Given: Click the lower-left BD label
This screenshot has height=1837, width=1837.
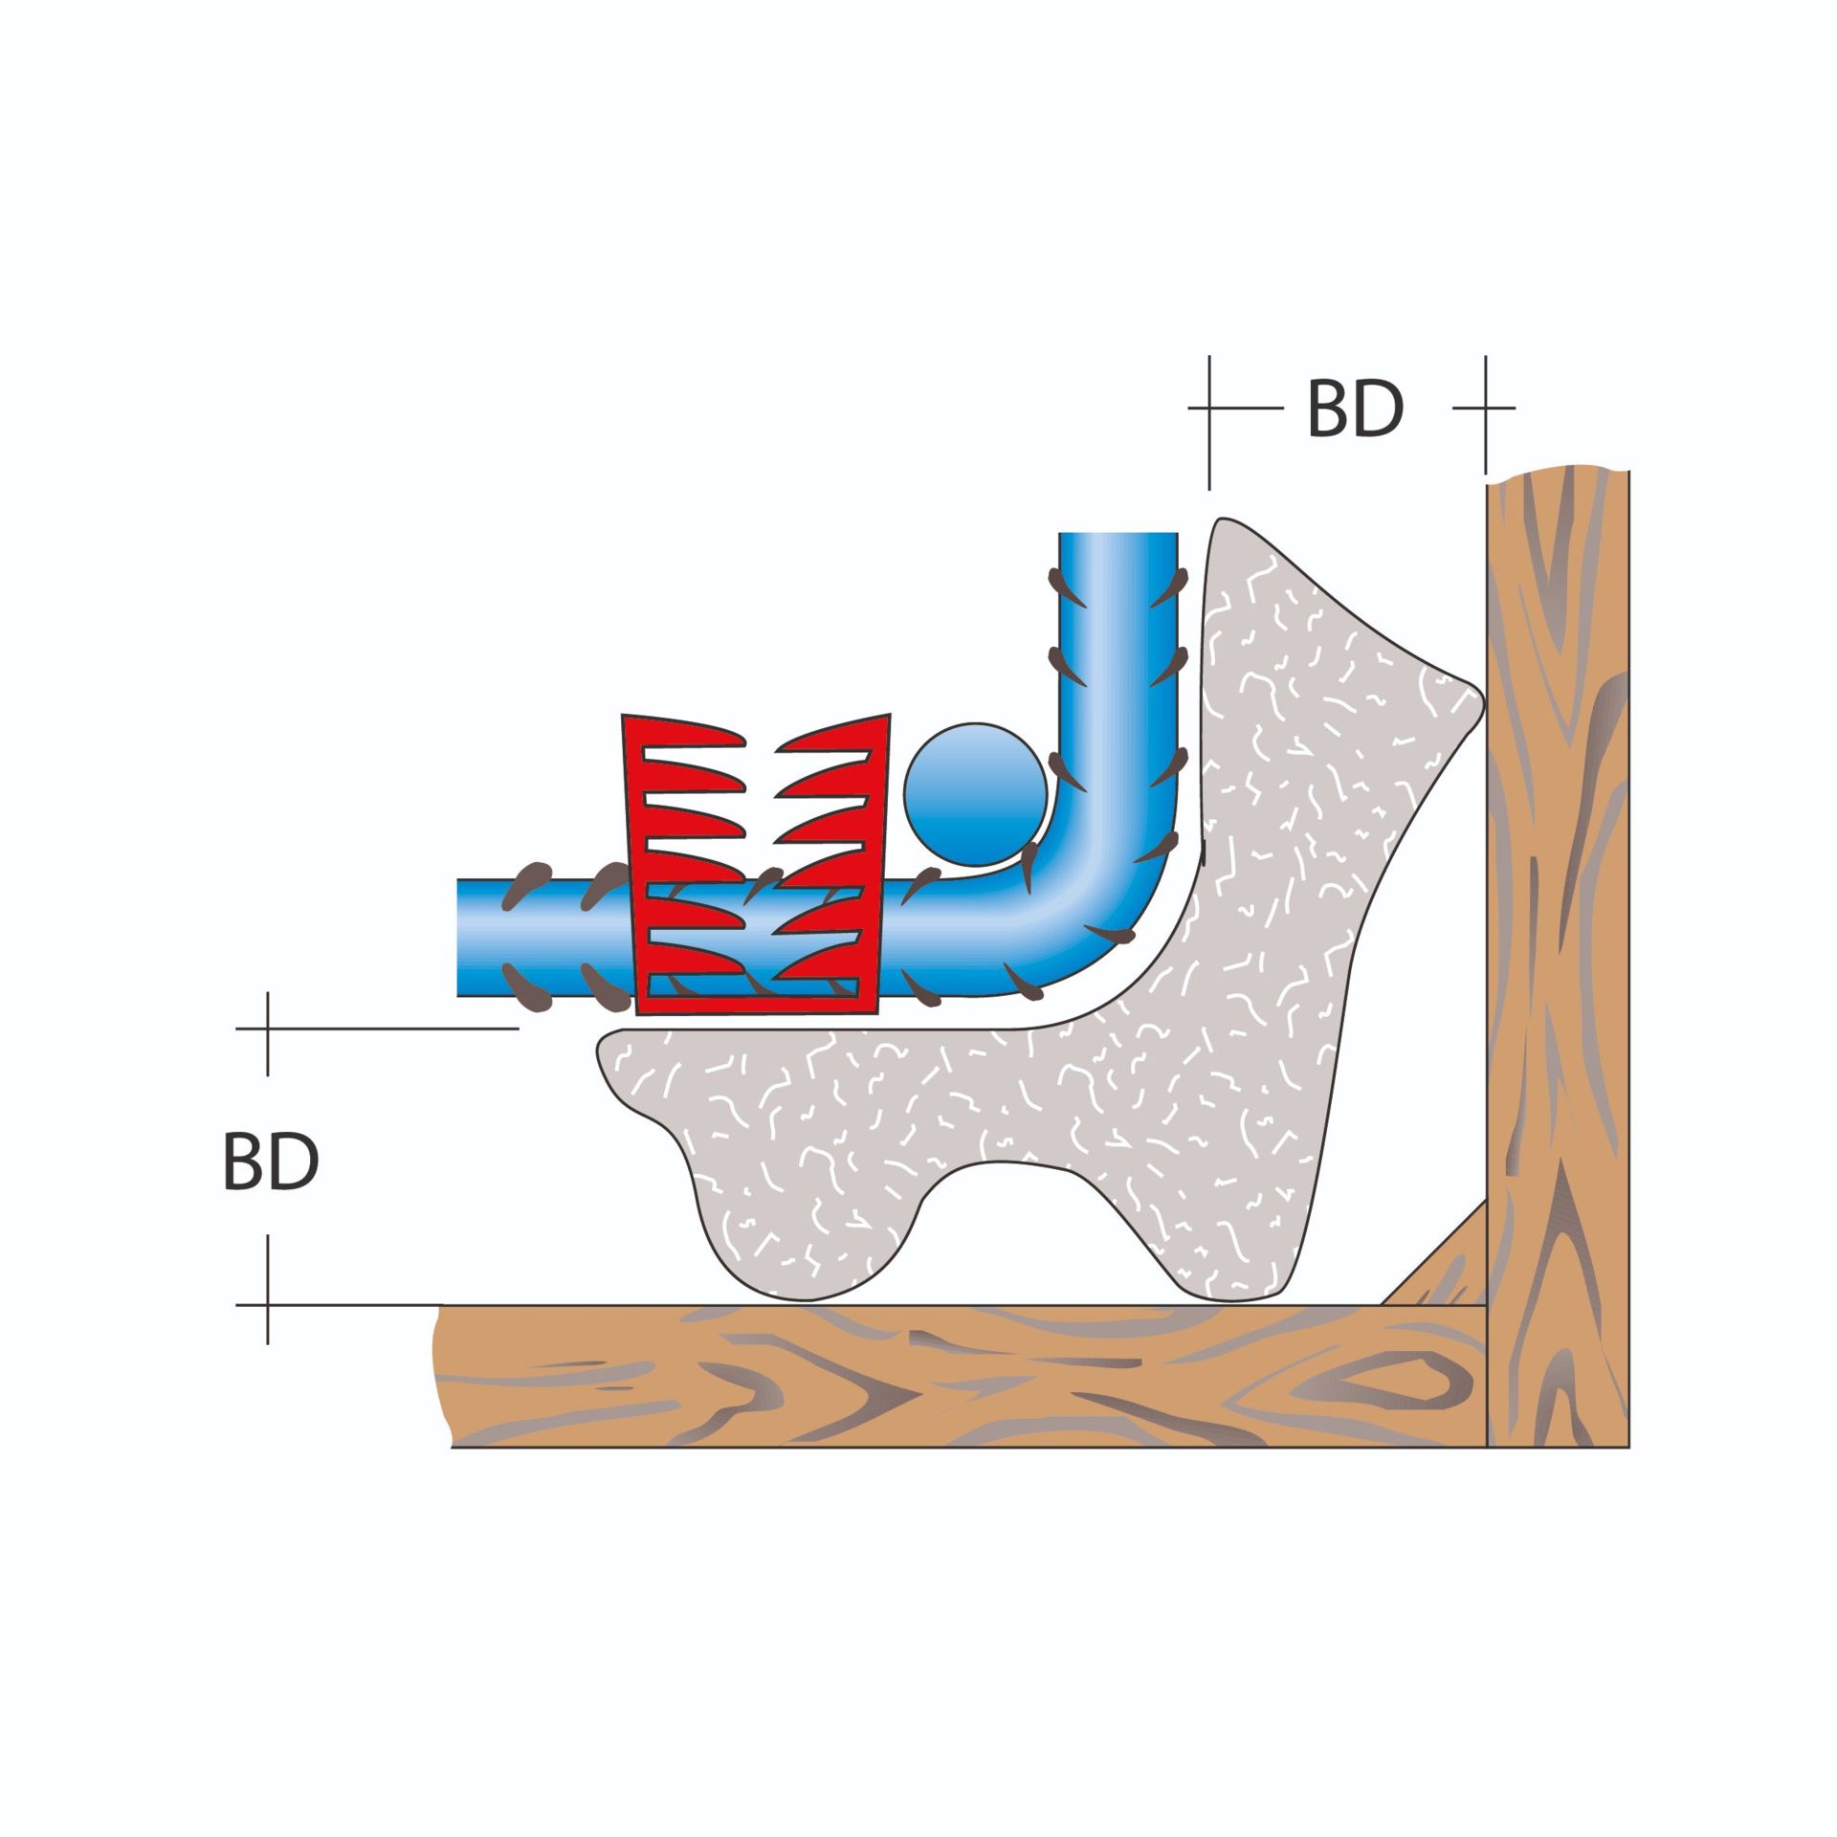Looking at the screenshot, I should [271, 1162].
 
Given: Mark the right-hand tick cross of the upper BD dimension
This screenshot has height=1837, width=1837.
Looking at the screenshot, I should [1485, 408].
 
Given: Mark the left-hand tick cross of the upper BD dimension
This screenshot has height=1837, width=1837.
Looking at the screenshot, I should [1209, 408].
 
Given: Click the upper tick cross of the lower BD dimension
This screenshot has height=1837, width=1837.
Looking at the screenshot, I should [268, 1029].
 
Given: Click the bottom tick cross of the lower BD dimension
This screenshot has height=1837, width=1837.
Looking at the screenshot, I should [268, 1304].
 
